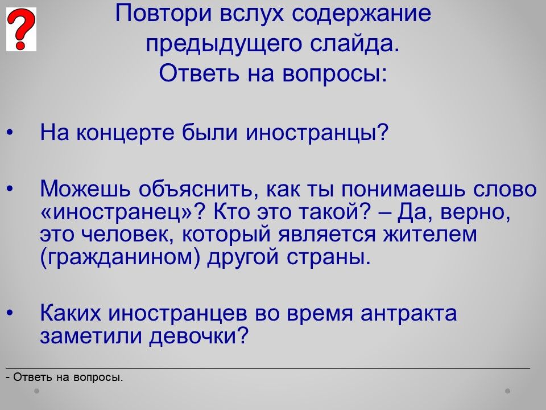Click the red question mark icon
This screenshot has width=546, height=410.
click(21, 29)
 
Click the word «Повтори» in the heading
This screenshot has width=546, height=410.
click(163, 14)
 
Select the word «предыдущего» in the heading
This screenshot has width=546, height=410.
click(223, 44)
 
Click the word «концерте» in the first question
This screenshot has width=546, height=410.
click(125, 133)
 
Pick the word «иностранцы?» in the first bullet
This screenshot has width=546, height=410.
click(317, 133)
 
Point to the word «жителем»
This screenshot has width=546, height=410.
click(430, 234)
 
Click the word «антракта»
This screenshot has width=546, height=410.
click(408, 313)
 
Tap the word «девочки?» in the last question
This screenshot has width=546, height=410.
click(199, 335)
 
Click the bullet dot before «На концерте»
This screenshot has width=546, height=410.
click(10, 133)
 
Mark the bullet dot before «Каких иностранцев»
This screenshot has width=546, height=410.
click(10, 313)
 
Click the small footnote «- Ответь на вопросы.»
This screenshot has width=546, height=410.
click(65, 377)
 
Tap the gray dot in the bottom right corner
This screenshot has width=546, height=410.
click(508, 391)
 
